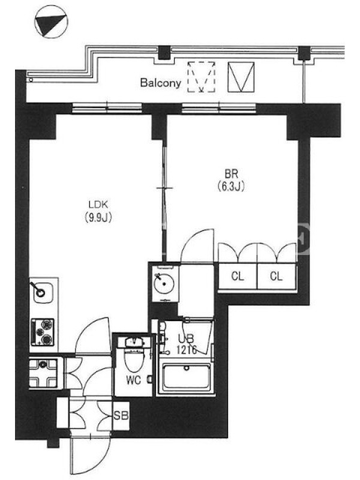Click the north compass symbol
[x=51, y=22]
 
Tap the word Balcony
[x=160, y=83]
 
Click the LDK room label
[x=98, y=204]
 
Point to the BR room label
[x=231, y=174]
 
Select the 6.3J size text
[x=231, y=186]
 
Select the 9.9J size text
[x=98, y=217]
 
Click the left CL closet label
[x=238, y=277]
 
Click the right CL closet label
[x=276, y=277]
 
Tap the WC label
[x=133, y=380]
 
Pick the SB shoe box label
[x=121, y=415]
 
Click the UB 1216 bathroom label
[x=186, y=344]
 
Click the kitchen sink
[x=43, y=290]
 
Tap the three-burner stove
[x=43, y=332]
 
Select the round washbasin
[x=164, y=283]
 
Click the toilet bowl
[x=134, y=360]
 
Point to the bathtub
[x=186, y=377]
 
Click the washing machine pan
[x=43, y=373]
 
